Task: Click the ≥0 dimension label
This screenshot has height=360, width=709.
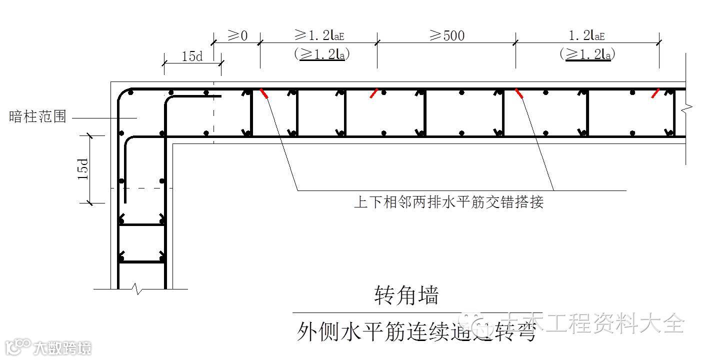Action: (x=238, y=35)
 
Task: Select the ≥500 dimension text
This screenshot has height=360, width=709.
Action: (x=446, y=35)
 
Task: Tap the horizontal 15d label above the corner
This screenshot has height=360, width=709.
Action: (x=191, y=56)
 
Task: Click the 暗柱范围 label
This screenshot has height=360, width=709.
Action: (x=37, y=117)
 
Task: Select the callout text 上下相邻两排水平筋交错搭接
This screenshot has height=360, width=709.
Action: (x=448, y=202)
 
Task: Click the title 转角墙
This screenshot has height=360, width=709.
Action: (x=406, y=295)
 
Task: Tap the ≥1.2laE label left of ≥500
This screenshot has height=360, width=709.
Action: (x=319, y=35)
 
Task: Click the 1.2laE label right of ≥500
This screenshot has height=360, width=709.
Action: (x=587, y=35)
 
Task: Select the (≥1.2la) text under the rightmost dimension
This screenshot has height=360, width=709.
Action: (x=587, y=53)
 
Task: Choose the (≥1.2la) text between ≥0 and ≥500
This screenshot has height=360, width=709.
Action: (x=322, y=53)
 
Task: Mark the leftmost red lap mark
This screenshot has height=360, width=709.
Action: (x=264, y=93)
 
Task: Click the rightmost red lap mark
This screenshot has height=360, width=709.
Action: (x=655, y=93)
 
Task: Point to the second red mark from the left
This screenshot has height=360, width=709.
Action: (x=373, y=93)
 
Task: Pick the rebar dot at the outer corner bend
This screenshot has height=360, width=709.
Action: (x=130, y=92)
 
